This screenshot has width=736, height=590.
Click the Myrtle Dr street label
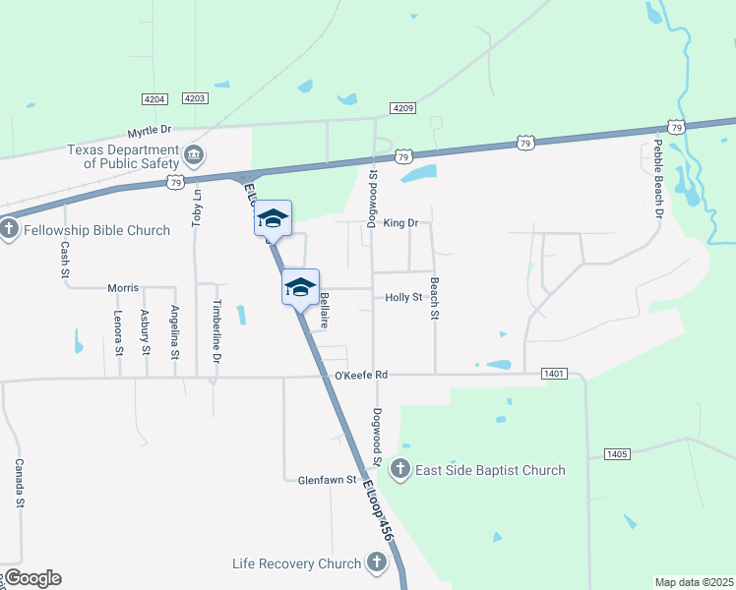(150, 130)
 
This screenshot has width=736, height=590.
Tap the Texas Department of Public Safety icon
(195, 154)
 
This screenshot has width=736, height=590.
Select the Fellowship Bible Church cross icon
(9, 230)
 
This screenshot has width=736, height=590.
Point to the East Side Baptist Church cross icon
(400, 469)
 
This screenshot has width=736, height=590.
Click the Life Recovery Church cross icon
(375, 563)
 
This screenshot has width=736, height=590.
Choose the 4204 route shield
(154, 98)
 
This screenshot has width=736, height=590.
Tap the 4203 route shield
(195, 98)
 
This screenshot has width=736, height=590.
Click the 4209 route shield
(402, 107)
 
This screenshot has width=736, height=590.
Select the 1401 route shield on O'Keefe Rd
(554, 374)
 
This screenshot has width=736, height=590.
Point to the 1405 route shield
(617, 453)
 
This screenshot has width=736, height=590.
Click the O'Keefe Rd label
(361, 375)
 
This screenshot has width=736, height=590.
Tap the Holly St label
(403, 297)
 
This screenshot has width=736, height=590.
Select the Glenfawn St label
(327, 480)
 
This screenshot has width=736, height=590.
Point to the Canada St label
(19, 483)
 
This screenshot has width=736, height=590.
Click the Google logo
(32, 578)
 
